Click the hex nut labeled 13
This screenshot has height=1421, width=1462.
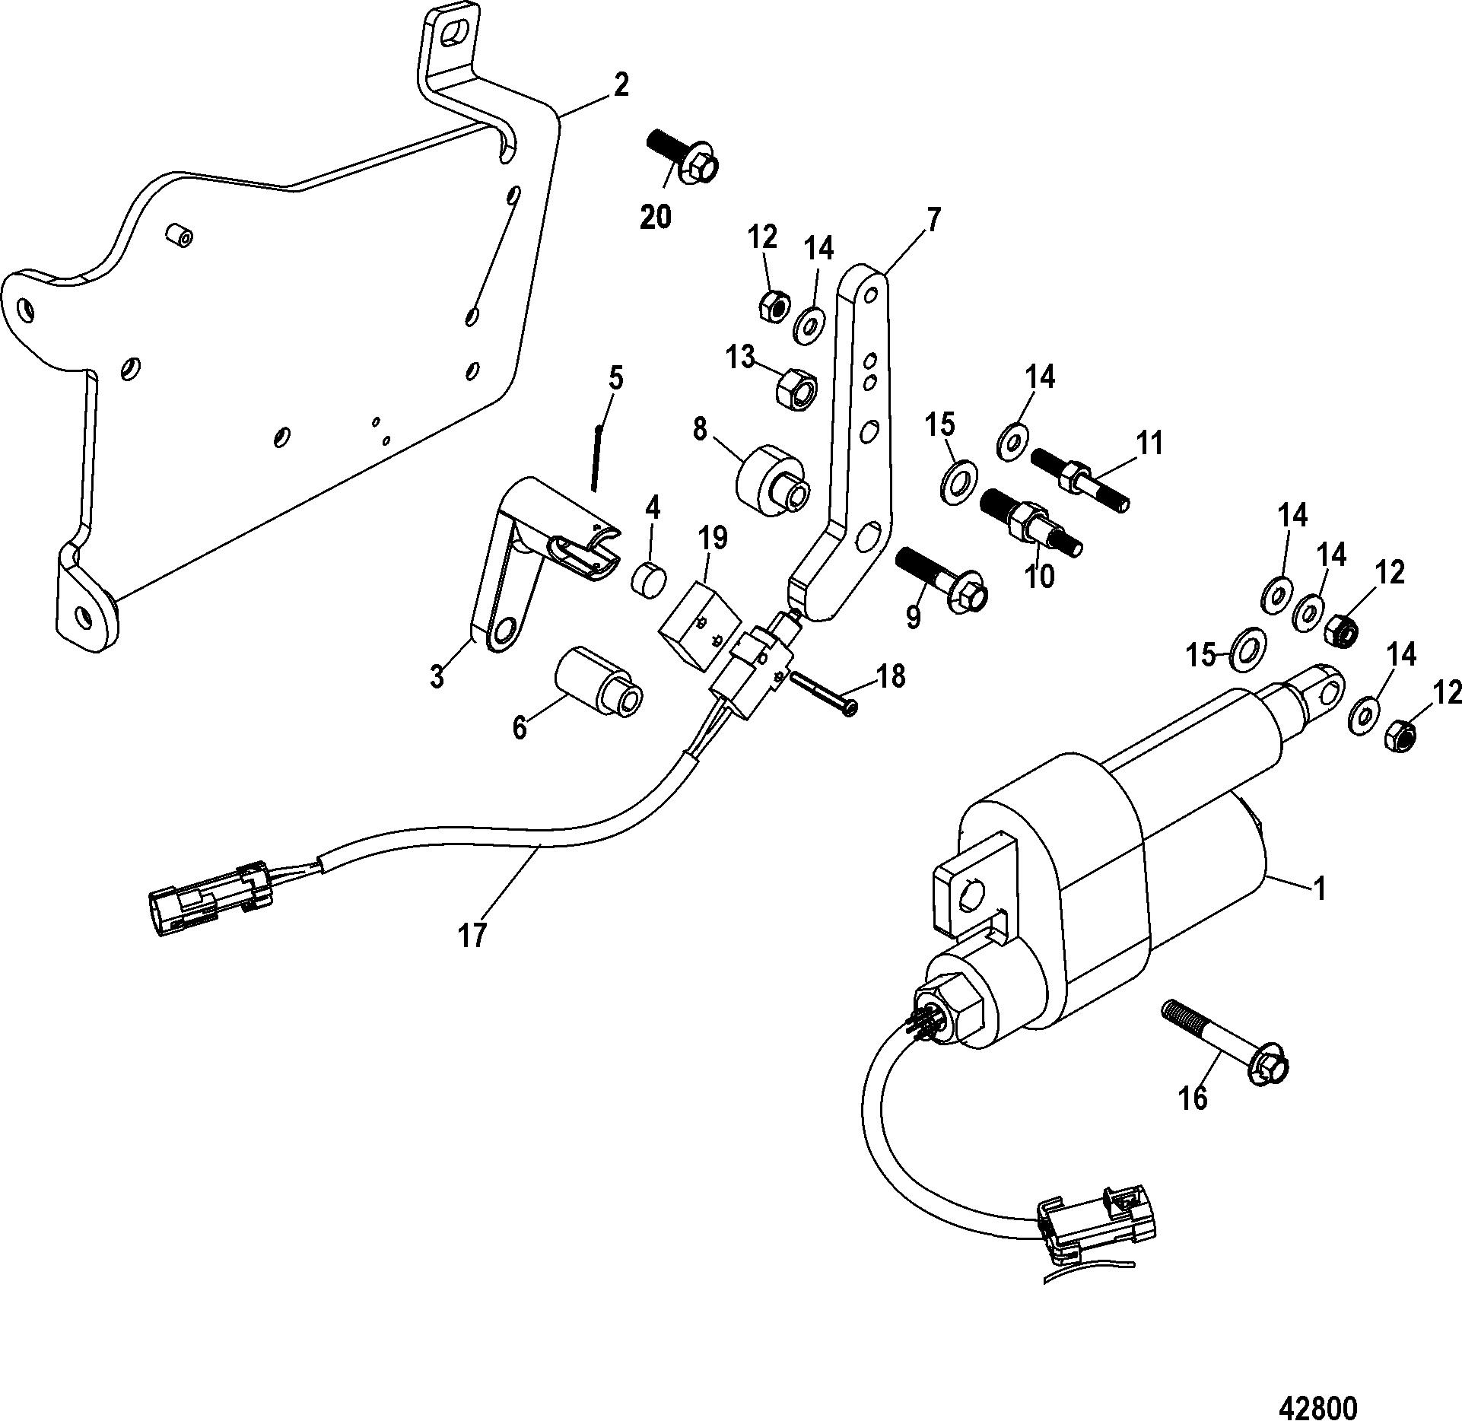click(x=796, y=382)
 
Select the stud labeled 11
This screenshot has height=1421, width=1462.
click(x=1079, y=479)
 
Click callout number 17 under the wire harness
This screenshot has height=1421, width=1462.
click(x=472, y=933)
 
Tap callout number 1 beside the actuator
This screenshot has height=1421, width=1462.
click(x=1320, y=889)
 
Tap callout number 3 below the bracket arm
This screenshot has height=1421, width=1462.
click(x=437, y=676)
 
